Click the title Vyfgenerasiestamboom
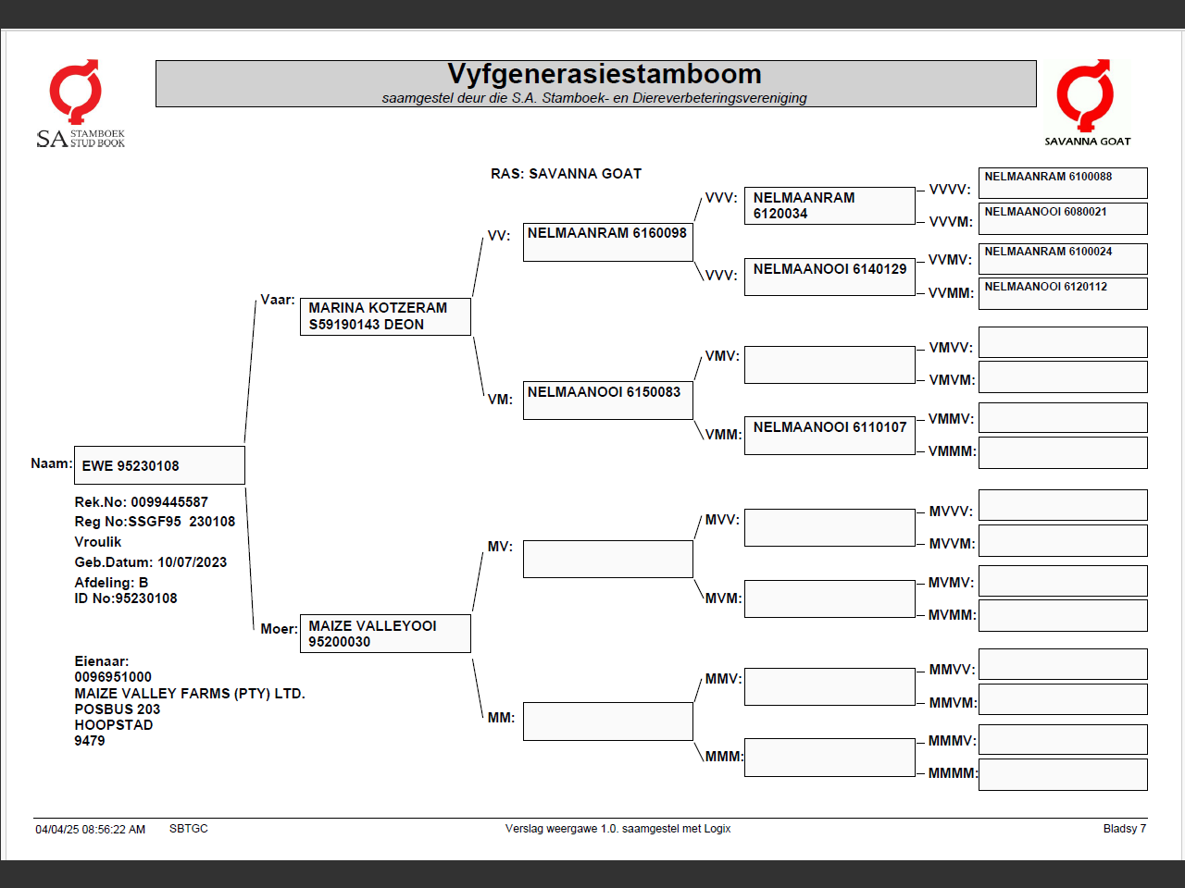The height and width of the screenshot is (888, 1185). coord(604,74)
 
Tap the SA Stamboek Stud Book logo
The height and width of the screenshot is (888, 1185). coord(80,104)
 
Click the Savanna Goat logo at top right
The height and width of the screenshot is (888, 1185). coord(1087,102)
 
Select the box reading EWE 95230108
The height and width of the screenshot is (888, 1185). coord(159,465)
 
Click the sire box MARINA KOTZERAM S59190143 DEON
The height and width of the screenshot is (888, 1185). coord(385,316)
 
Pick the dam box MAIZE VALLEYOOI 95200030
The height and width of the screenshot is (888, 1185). coord(385,634)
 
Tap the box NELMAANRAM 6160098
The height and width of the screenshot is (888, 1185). coord(607,242)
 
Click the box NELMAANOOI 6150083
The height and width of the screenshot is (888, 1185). coord(607,401)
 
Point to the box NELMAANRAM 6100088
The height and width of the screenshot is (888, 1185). coord(1063,182)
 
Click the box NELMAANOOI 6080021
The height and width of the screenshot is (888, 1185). coord(1063,218)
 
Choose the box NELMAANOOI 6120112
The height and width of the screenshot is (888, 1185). coord(1063,293)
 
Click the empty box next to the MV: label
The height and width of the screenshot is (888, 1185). coord(607,560)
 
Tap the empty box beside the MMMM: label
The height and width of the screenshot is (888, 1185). coord(1063,774)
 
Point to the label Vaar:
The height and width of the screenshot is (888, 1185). coord(278,300)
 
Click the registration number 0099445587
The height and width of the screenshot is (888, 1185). coord(169,502)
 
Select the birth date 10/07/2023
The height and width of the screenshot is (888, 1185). coord(192,562)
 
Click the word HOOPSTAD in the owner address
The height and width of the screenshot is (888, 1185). coord(114,725)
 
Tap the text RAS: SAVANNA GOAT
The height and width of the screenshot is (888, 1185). coord(566,174)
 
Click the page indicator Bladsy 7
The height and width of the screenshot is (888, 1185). coord(1124,829)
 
